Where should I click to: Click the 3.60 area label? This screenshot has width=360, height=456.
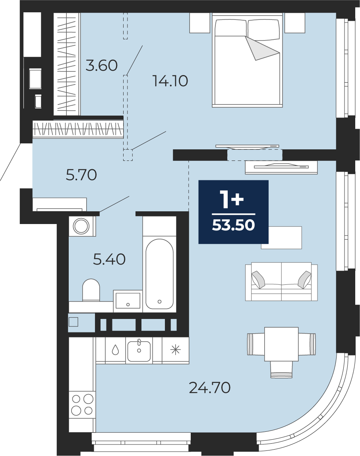click(102, 66)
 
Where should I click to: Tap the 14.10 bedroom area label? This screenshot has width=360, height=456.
click(170, 81)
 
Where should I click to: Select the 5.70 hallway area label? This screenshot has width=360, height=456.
click(81, 175)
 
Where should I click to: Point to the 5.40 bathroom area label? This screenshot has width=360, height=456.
click(109, 259)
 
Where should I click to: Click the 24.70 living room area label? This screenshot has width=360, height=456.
click(210, 387)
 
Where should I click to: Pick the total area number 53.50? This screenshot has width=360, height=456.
click(233, 225)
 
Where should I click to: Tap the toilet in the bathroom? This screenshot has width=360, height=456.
click(91, 290)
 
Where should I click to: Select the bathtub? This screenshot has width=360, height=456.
click(159, 274)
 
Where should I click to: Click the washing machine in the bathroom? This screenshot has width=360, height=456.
click(81, 226)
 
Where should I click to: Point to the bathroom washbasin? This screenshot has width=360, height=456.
click(128, 301)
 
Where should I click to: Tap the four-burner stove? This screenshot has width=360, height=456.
click(82, 404)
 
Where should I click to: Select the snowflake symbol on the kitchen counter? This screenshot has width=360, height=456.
click(175, 350)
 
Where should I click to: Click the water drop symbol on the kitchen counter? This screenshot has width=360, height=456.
click(116, 350)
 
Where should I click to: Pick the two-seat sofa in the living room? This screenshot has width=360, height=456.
click(281, 281)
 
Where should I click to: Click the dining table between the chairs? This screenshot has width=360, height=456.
click(281, 344)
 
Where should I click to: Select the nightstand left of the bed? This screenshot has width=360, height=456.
click(199, 23)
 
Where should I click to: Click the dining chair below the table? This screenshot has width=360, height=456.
click(281, 370)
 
